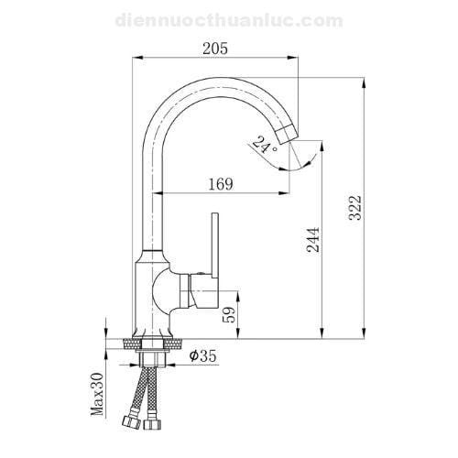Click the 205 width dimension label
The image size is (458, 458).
coord(215,49)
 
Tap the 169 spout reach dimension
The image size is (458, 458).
coord(221,184)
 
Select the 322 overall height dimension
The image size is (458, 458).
coord(355,207)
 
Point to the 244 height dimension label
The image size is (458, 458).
coord(313,239)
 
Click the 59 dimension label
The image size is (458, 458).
coord(229,314)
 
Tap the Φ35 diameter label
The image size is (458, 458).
coord(202,355)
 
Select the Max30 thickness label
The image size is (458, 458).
coord(97,394)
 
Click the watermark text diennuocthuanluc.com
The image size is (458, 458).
coord(229,21)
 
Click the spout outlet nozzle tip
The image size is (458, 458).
coord(287,136)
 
